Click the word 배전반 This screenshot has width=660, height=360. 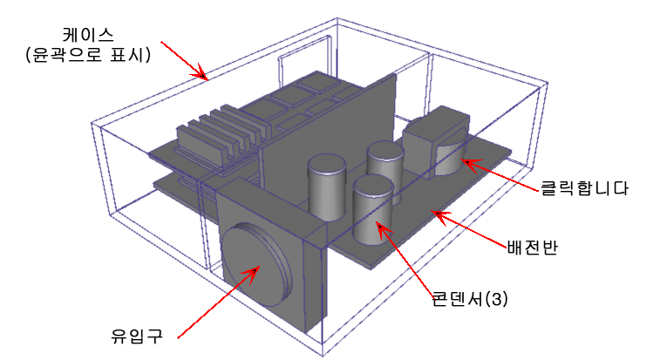(532, 246)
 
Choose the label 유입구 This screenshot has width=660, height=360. (132, 332)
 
